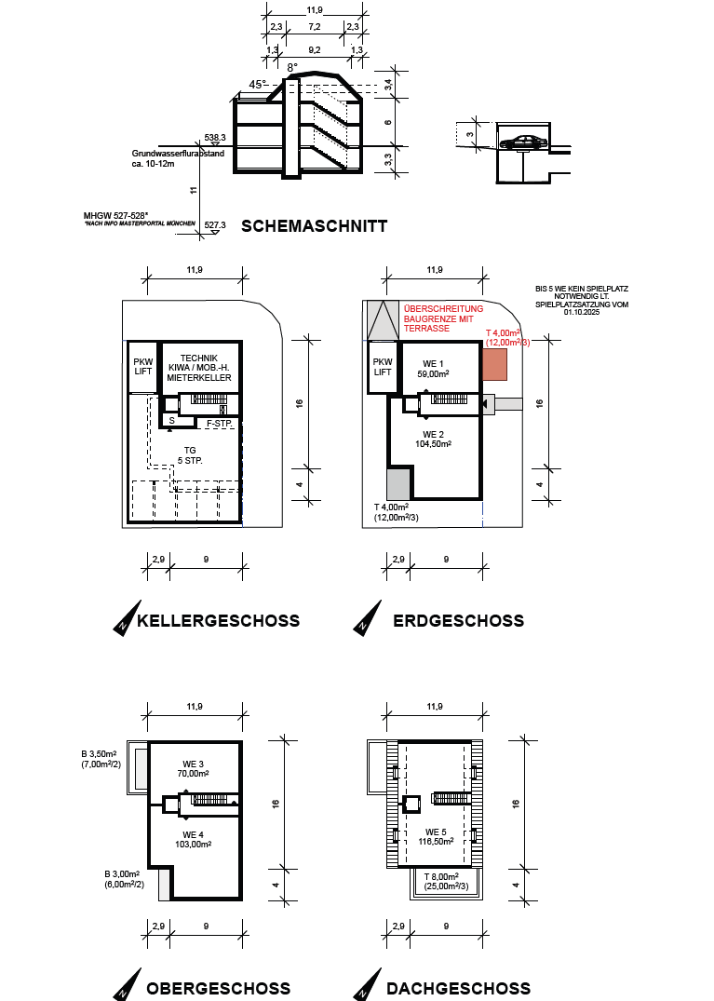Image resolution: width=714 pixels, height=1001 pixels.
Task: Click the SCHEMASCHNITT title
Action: coord(314,226)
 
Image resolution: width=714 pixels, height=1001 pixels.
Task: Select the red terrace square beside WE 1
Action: coord(494,364)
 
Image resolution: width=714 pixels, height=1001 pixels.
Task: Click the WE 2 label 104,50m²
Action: coord(433,440)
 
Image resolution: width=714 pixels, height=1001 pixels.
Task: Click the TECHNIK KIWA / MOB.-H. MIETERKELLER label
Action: coord(199,368)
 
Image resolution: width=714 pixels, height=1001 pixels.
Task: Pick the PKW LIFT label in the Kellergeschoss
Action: coord(143,367)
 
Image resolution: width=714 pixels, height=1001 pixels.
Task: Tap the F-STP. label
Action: coord(220,424)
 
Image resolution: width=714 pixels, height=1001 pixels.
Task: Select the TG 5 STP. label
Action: coord(190,455)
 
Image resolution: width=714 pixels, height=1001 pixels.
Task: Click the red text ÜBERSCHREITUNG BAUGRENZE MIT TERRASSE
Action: coord(443,318)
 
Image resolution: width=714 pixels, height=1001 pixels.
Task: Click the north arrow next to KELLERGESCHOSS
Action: coord(127,617)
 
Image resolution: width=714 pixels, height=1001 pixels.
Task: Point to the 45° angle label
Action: coord(258,84)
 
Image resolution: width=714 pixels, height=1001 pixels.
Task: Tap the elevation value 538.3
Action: coord(215,137)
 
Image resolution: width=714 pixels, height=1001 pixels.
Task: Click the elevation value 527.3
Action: coord(215,225)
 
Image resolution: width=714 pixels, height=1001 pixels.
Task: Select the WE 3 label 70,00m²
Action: coord(194,768)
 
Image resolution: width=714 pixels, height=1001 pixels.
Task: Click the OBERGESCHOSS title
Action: coord(218,989)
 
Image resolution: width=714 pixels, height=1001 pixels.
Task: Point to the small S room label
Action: coord(171,421)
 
